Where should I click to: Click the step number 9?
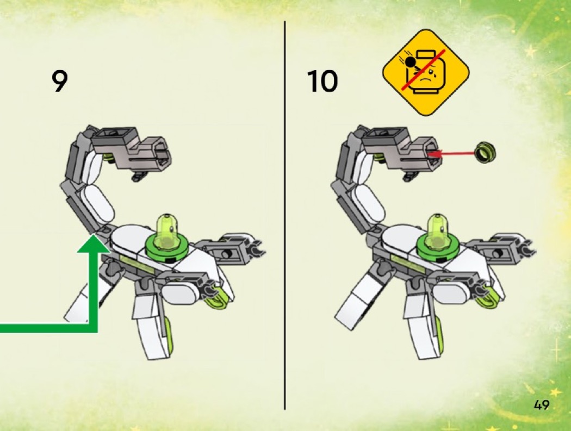60,81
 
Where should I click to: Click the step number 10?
322,81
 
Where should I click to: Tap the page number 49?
542,404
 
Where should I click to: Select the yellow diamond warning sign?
426,72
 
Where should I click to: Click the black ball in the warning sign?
411,63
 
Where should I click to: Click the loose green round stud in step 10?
486,152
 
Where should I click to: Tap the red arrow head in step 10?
435,154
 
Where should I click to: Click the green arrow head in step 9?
93,243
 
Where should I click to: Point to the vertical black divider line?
285,215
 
